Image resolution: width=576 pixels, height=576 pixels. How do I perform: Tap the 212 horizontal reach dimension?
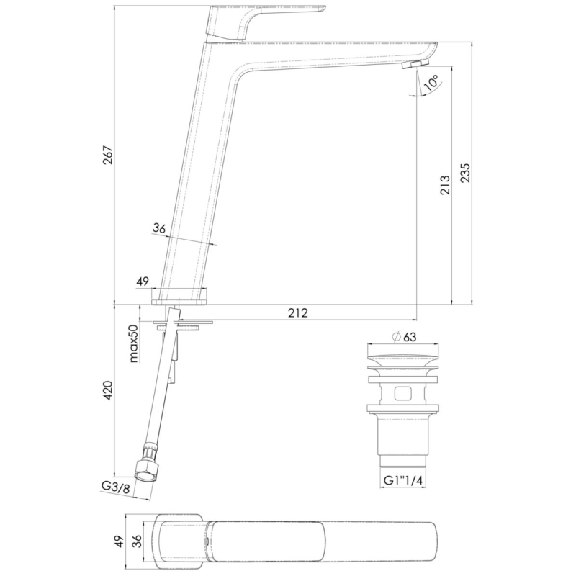(x=298, y=312)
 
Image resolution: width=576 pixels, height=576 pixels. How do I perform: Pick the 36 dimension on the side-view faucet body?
(x=159, y=228)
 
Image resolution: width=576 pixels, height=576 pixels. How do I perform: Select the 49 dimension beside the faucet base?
(x=142, y=282)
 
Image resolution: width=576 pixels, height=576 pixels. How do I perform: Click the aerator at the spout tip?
(x=410, y=66)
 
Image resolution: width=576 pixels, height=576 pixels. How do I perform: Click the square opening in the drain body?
(x=402, y=394)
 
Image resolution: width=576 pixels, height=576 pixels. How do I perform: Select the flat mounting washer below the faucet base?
(x=184, y=322)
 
